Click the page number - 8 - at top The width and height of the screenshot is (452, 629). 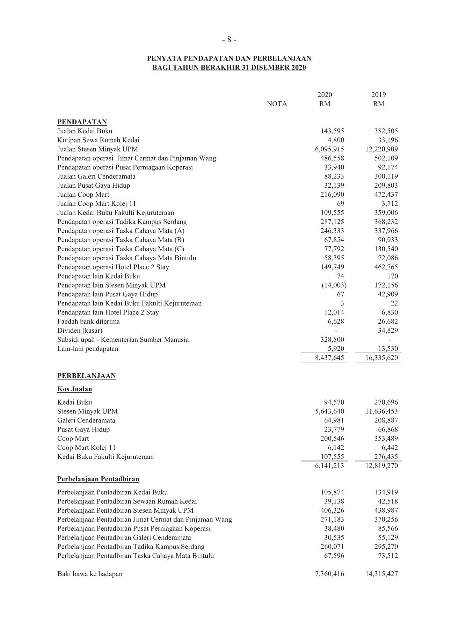tap(229, 40)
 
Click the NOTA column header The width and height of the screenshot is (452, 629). tap(277, 104)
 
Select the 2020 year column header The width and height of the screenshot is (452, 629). tap(325, 95)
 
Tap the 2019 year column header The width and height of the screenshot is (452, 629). tap(378, 95)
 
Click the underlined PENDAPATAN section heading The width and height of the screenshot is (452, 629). tap(82, 122)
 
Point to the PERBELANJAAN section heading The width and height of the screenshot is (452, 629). tap(86, 376)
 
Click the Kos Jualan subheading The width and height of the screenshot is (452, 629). tap(75, 389)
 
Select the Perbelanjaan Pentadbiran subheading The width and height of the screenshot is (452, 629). tap(98, 479)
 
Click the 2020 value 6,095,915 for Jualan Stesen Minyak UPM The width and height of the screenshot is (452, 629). tap(329, 150)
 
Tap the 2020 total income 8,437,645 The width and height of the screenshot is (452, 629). tap(329, 358)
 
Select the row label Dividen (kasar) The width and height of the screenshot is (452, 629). tap(80, 331)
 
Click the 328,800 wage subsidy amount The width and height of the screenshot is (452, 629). tap(332, 340)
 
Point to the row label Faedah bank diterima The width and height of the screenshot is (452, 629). tap(88, 321)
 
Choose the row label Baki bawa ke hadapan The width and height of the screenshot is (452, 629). tap(90, 574)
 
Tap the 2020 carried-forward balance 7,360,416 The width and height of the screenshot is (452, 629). tap(329, 574)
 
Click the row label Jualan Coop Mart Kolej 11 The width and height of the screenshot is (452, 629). tap(96, 204)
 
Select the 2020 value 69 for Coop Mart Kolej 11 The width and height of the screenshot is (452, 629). tap(340, 204)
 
